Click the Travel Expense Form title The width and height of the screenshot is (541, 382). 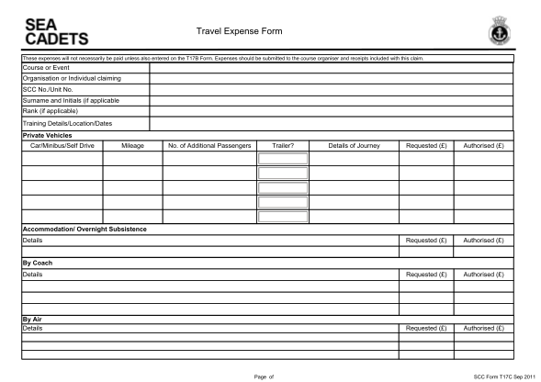click(x=240, y=32)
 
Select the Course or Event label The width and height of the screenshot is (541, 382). click(x=47, y=67)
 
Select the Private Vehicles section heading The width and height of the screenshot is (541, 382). click(x=47, y=135)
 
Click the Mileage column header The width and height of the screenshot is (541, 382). click(x=132, y=145)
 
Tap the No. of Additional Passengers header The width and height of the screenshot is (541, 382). click(x=209, y=145)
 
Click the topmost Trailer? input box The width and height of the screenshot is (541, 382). click(x=282, y=159)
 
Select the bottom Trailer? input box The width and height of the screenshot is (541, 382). click(x=282, y=218)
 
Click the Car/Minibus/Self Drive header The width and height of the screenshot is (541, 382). click(x=62, y=145)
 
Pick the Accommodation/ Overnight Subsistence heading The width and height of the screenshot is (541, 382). click(x=84, y=229)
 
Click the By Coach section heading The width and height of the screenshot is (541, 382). click(x=38, y=263)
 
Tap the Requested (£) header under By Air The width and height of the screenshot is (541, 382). click(x=425, y=328)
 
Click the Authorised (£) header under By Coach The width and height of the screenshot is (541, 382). click(x=482, y=274)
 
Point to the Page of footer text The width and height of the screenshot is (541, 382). click(x=264, y=375)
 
